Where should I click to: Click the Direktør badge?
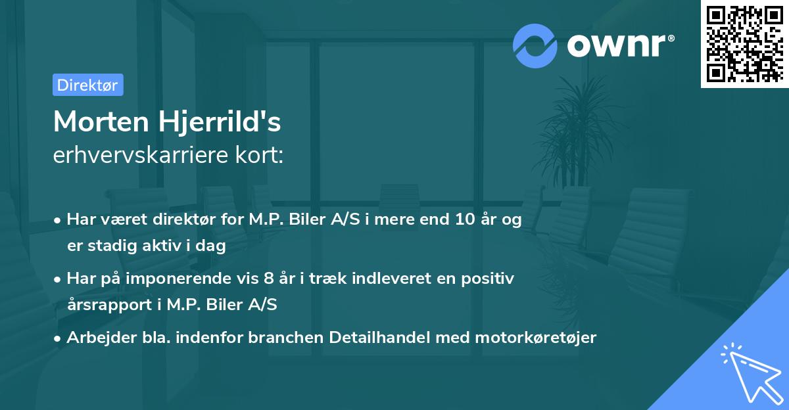point(87,85)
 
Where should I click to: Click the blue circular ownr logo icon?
point(535,46)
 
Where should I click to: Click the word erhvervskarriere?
point(138,155)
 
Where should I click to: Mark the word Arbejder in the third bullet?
point(96,338)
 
